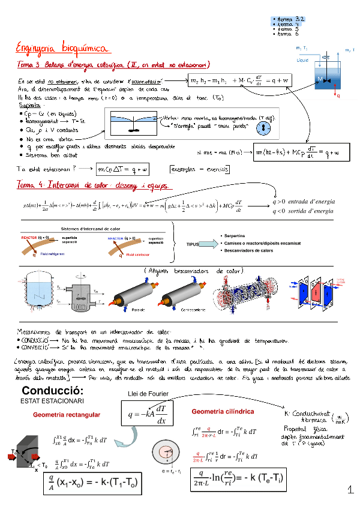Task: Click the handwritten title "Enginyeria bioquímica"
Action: (62, 47)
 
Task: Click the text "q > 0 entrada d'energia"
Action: (304, 202)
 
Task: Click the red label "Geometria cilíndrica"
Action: (222, 412)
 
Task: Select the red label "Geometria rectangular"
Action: (66, 415)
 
